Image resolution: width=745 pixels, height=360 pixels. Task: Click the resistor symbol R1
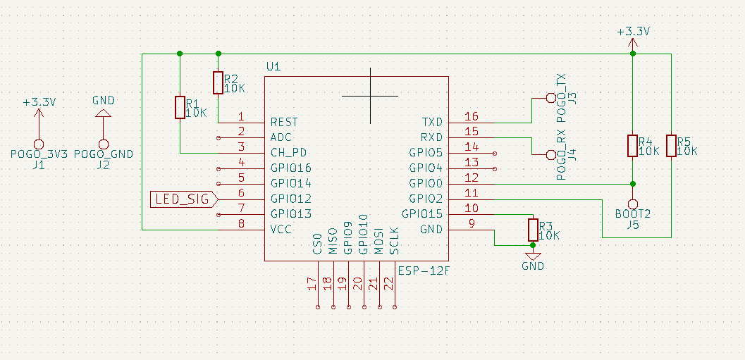(180, 108)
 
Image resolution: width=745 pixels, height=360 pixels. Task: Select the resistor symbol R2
(218, 82)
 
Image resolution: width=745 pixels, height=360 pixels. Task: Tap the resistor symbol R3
(533, 230)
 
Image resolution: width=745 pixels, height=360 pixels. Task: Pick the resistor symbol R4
(632, 146)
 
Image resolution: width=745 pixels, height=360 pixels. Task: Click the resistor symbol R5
(671, 146)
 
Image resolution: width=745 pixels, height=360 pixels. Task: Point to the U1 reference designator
(273, 67)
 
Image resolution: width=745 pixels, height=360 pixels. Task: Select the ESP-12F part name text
(424, 270)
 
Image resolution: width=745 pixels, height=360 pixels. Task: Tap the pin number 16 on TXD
(472, 117)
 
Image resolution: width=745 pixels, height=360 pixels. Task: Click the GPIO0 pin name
(426, 183)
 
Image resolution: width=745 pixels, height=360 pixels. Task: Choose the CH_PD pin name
(288, 152)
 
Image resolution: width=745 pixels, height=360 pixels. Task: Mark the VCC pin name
(281, 230)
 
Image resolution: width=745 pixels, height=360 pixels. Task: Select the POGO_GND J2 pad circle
(104, 143)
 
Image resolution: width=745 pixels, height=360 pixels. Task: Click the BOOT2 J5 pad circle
(632, 203)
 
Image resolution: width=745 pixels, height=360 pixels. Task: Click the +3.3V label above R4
(632, 32)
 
